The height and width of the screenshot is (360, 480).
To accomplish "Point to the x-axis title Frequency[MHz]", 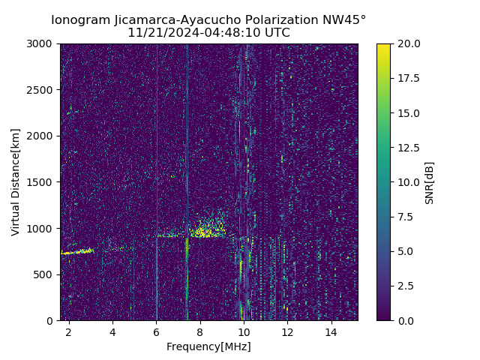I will tap(208, 346).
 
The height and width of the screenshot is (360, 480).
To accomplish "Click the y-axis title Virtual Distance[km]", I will tap(16, 181).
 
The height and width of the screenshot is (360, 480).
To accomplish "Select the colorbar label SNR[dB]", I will tap(430, 182).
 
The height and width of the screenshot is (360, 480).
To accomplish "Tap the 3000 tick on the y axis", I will tap(41, 43).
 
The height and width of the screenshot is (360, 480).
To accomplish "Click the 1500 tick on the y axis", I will tap(41, 182).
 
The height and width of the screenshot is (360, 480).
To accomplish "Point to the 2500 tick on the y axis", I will tap(41, 90).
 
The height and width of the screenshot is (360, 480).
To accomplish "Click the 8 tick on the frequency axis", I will tap(200, 331).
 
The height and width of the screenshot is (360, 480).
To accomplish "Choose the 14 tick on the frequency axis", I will tap(331, 331).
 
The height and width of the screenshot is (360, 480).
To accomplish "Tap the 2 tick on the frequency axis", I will tap(69, 331).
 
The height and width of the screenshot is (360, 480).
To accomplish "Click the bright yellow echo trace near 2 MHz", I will tap(76, 252).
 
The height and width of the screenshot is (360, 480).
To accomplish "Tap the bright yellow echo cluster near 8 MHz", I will tap(204, 232).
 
